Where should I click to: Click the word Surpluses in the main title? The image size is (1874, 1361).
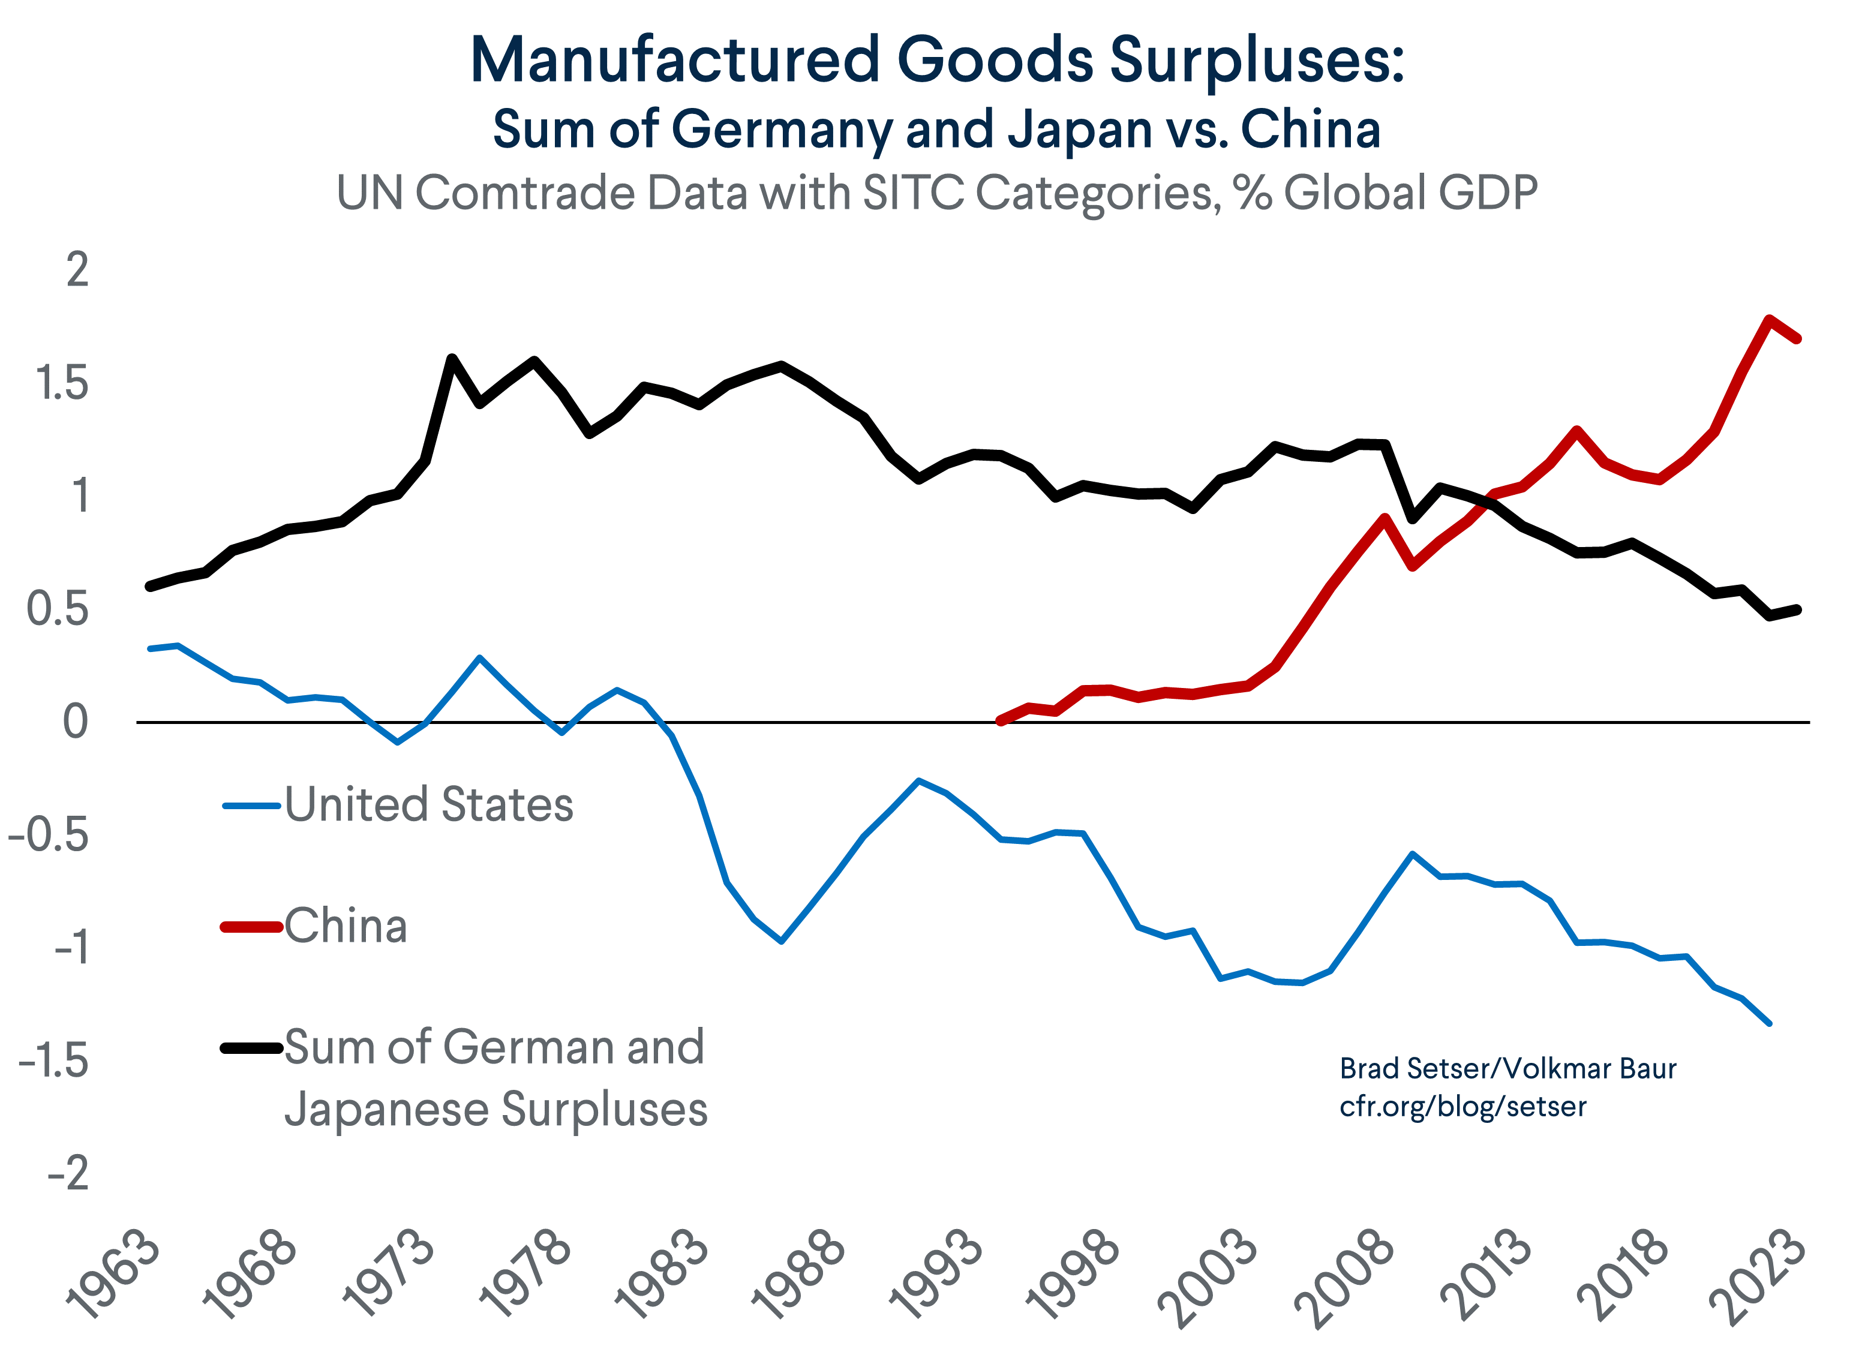coord(1256,62)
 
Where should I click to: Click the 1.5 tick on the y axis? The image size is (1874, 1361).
coord(61,383)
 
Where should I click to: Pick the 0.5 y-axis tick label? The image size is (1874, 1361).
coord(57,610)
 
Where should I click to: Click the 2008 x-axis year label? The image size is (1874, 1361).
coord(1347,1276)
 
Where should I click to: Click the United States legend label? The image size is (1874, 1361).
coord(429,805)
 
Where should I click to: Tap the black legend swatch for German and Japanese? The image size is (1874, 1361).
coord(252,1048)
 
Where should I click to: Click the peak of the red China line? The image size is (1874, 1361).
coord(1768,319)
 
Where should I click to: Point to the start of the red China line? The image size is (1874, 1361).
coord(1001,720)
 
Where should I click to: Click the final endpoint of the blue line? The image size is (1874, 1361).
coord(1769,1023)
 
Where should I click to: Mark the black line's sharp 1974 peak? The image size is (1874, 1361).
coord(452,358)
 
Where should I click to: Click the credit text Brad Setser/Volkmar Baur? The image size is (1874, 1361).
coord(1507,1068)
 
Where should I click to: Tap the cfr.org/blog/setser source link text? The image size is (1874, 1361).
coord(1462,1107)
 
